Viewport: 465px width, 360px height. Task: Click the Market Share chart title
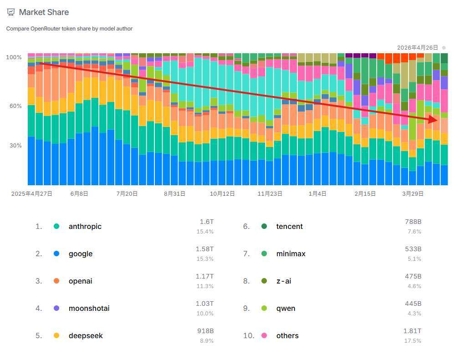pos(44,12)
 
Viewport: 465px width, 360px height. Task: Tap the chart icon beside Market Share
pos(11,12)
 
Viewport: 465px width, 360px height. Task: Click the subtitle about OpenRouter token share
pos(69,29)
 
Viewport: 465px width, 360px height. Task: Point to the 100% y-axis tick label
pos(14,57)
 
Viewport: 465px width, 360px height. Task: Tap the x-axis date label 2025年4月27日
pos(32,193)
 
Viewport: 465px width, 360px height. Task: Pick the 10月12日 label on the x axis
pos(222,193)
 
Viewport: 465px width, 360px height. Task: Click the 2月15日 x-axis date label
pos(365,193)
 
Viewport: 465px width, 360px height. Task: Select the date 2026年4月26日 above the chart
pos(417,48)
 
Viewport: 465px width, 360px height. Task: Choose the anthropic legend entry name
pos(85,227)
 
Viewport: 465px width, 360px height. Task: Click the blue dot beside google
pos(56,254)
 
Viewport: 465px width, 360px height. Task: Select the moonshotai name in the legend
pos(89,309)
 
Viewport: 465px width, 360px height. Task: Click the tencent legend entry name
pos(289,227)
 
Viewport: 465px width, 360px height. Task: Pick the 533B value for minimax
pos(413,249)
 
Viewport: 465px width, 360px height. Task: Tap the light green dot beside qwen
pos(264,309)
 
